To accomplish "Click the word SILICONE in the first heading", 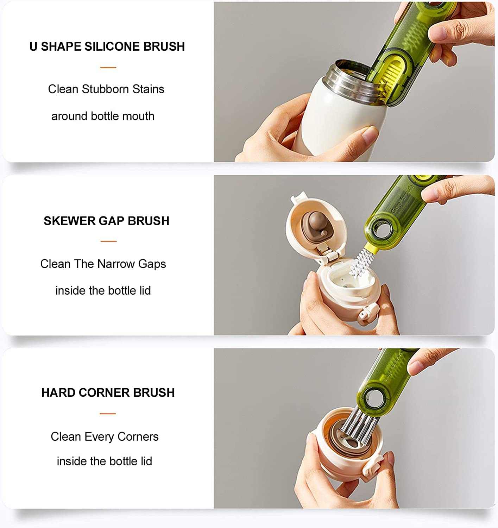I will (x=107, y=46).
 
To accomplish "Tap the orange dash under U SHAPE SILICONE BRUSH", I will (x=108, y=67).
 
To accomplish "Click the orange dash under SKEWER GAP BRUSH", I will (x=108, y=241).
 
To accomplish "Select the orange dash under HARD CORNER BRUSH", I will (x=108, y=414).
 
